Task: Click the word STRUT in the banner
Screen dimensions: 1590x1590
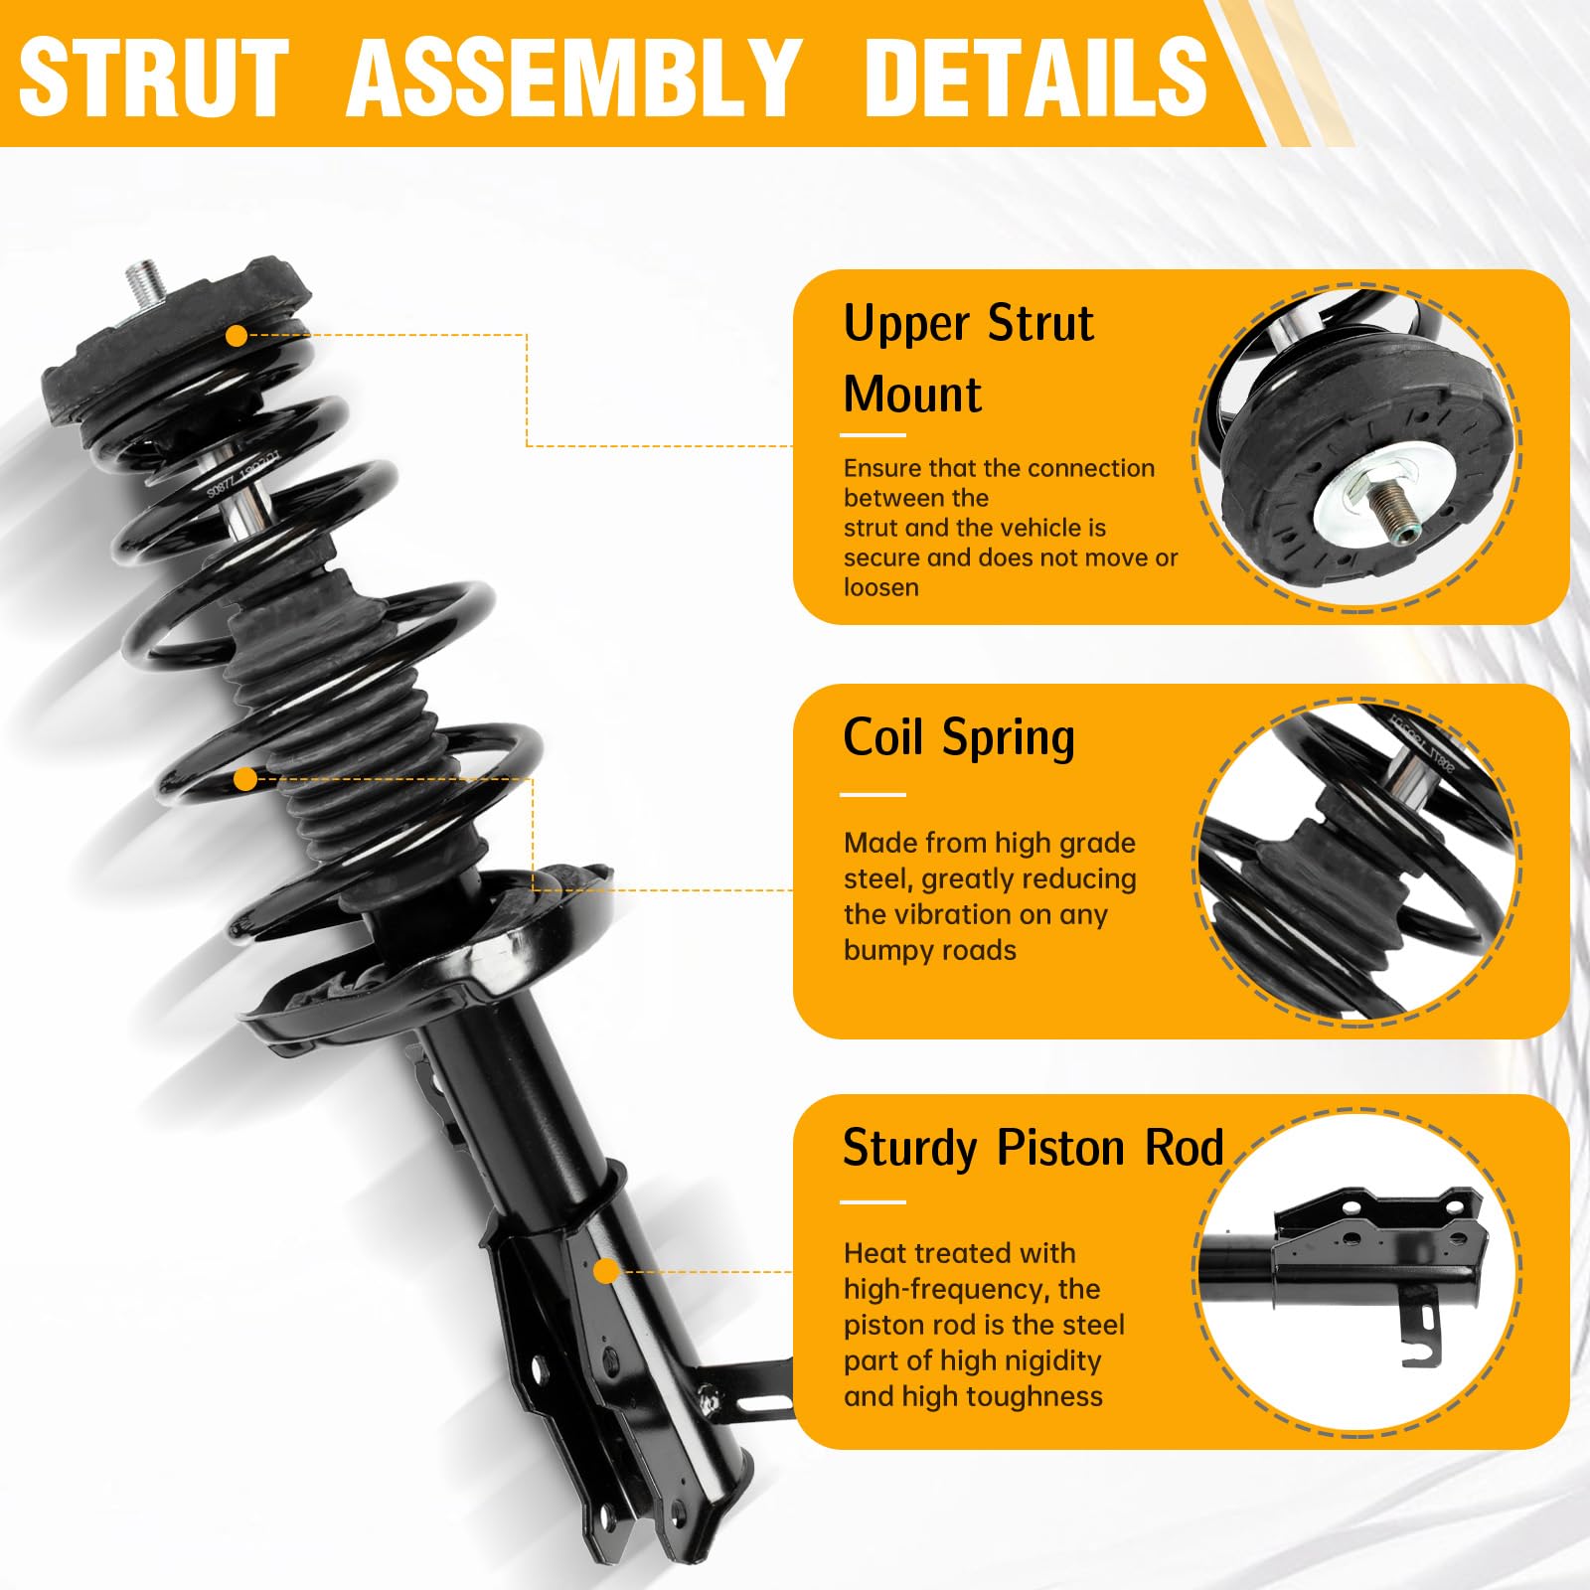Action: pyautogui.click(x=154, y=77)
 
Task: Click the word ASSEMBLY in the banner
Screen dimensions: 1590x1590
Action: pyautogui.click(x=574, y=77)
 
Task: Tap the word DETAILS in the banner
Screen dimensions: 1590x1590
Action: pyautogui.click(x=1036, y=77)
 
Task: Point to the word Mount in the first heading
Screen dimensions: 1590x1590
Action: pyautogui.click(x=912, y=395)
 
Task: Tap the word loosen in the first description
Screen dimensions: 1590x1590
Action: pyautogui.click(x=881, y=587)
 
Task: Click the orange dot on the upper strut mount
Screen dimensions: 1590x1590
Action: pyautogui.click(x=237, y=336)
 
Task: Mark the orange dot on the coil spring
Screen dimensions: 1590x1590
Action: pyautogui.click(x=244, y=779)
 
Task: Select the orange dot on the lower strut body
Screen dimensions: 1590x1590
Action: pyautogui.click(x=606, y=1271)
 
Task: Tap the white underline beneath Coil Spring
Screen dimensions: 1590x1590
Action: pyautogui.click(x=874, y=795)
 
